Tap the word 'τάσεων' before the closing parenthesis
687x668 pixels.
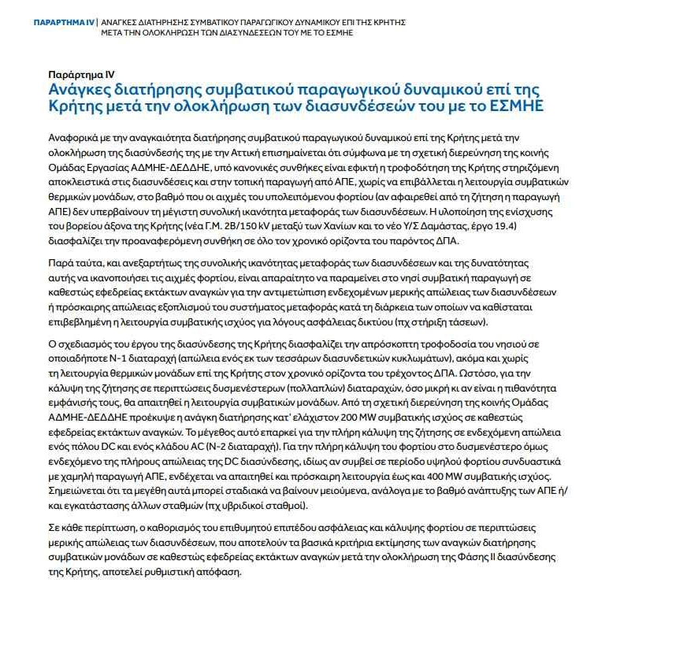(466, 323)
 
